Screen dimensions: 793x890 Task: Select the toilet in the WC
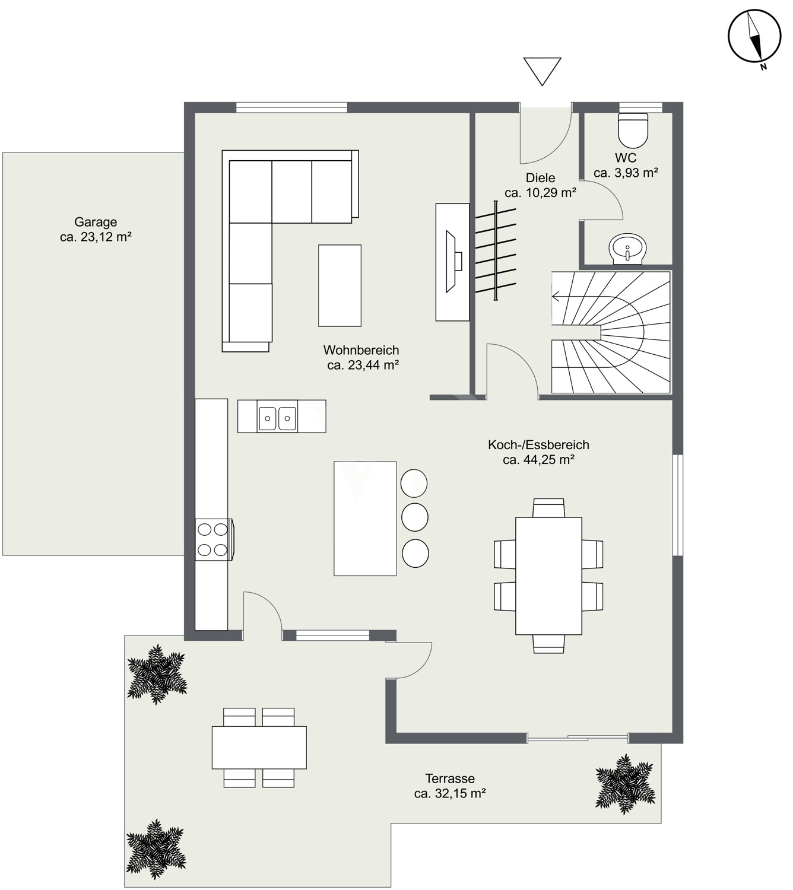(x=633, y=131)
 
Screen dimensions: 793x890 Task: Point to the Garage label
(x=96, y=222)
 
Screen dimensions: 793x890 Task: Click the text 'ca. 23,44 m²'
(x=363, y=365)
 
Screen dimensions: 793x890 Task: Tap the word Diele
(x=540, y=178)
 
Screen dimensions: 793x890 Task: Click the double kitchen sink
(x=277, y=419)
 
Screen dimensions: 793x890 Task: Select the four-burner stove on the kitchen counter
(x=214, y=539)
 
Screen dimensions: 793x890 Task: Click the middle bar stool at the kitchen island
(x=414, y=517)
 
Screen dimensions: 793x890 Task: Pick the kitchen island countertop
(x=365, y=519)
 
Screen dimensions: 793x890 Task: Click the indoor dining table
(x=548, y=576)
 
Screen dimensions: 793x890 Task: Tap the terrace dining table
(x=259, y=748)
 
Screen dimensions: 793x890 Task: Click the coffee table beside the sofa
(x=340, y=285)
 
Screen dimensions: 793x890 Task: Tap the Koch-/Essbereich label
(x=538, y=444)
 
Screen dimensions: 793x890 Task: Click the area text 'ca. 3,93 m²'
(x=626, y=173)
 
